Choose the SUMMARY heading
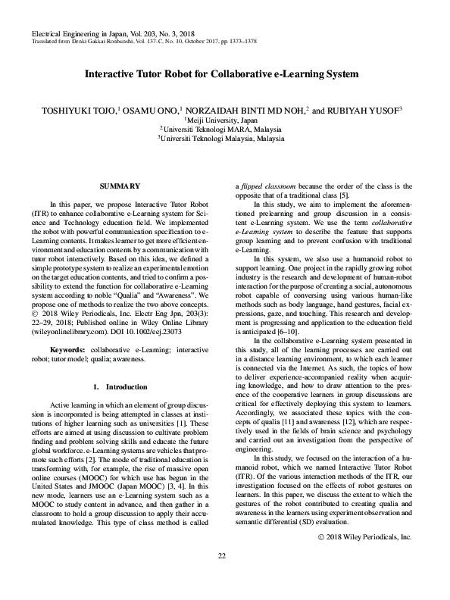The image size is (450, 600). click(120, 186)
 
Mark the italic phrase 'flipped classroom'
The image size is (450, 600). click(267, 186)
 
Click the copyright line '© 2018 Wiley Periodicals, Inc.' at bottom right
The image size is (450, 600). click(362, 558)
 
